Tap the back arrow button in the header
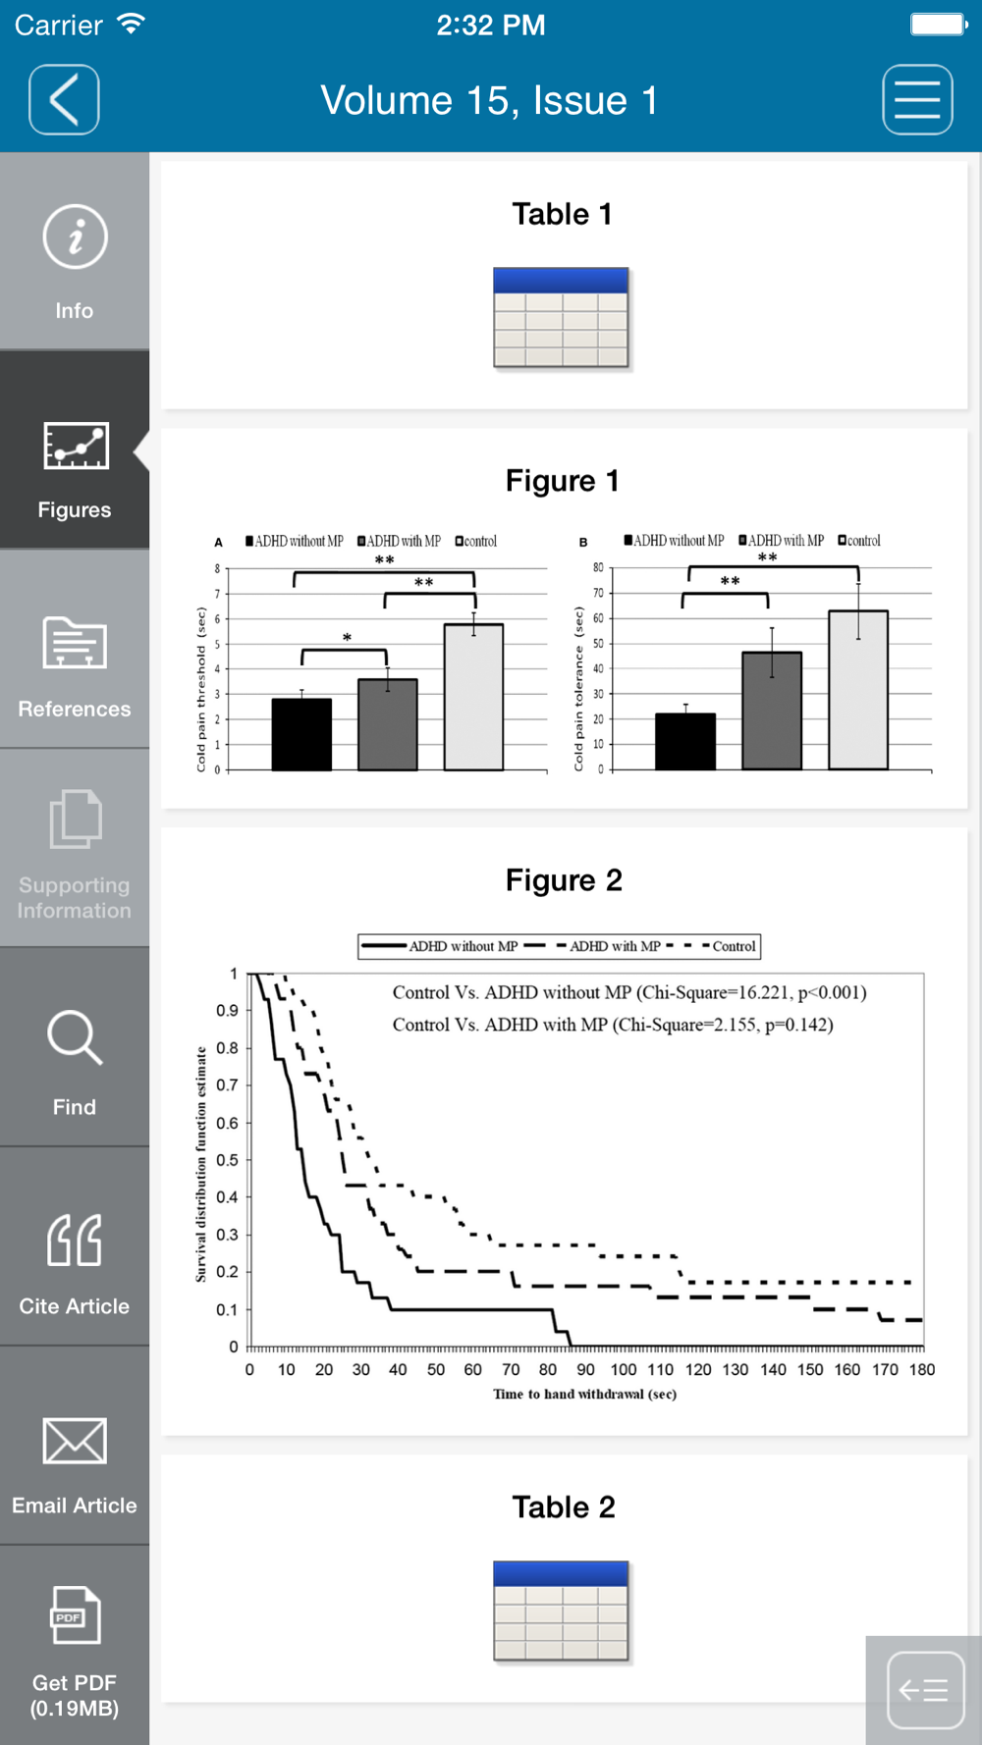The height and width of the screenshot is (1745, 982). click(64, 100)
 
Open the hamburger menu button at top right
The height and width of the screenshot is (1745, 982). click(917, 100)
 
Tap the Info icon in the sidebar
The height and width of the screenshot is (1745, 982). click(75, 237)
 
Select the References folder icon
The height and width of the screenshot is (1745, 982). click(75, 643)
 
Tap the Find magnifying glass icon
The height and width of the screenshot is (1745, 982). click(75, 1037)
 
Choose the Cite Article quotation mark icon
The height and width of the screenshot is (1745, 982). click(75, 1240)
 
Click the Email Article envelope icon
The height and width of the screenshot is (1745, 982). click(75, 1441)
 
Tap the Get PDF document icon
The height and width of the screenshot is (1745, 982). click(75, 1614)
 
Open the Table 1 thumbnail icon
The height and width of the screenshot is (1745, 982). click(561, 318)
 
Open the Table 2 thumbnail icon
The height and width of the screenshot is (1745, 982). click(561, 1611)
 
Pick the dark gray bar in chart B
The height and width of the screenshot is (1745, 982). click(772, 711)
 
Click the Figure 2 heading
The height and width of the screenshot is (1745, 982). click(564, 880)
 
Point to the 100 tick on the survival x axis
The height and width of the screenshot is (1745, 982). click(624, 1369)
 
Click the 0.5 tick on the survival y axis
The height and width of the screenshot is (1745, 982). click(227, 1160)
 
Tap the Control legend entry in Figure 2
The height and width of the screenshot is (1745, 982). click(733, 946)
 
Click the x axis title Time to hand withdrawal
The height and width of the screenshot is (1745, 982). click(584, 1394)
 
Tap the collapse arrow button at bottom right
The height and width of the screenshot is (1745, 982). click(924, 1690)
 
